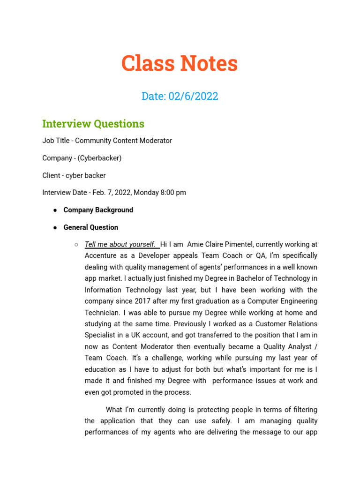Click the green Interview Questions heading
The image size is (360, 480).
(93, 124)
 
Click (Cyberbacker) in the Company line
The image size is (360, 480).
(100, 158)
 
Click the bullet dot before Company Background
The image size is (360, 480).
(55, 210)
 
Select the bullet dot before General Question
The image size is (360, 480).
(55, 227)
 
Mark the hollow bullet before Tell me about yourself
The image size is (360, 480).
(76, 245)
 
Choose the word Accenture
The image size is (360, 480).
(100, 256)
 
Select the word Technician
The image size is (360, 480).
(100, 313)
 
